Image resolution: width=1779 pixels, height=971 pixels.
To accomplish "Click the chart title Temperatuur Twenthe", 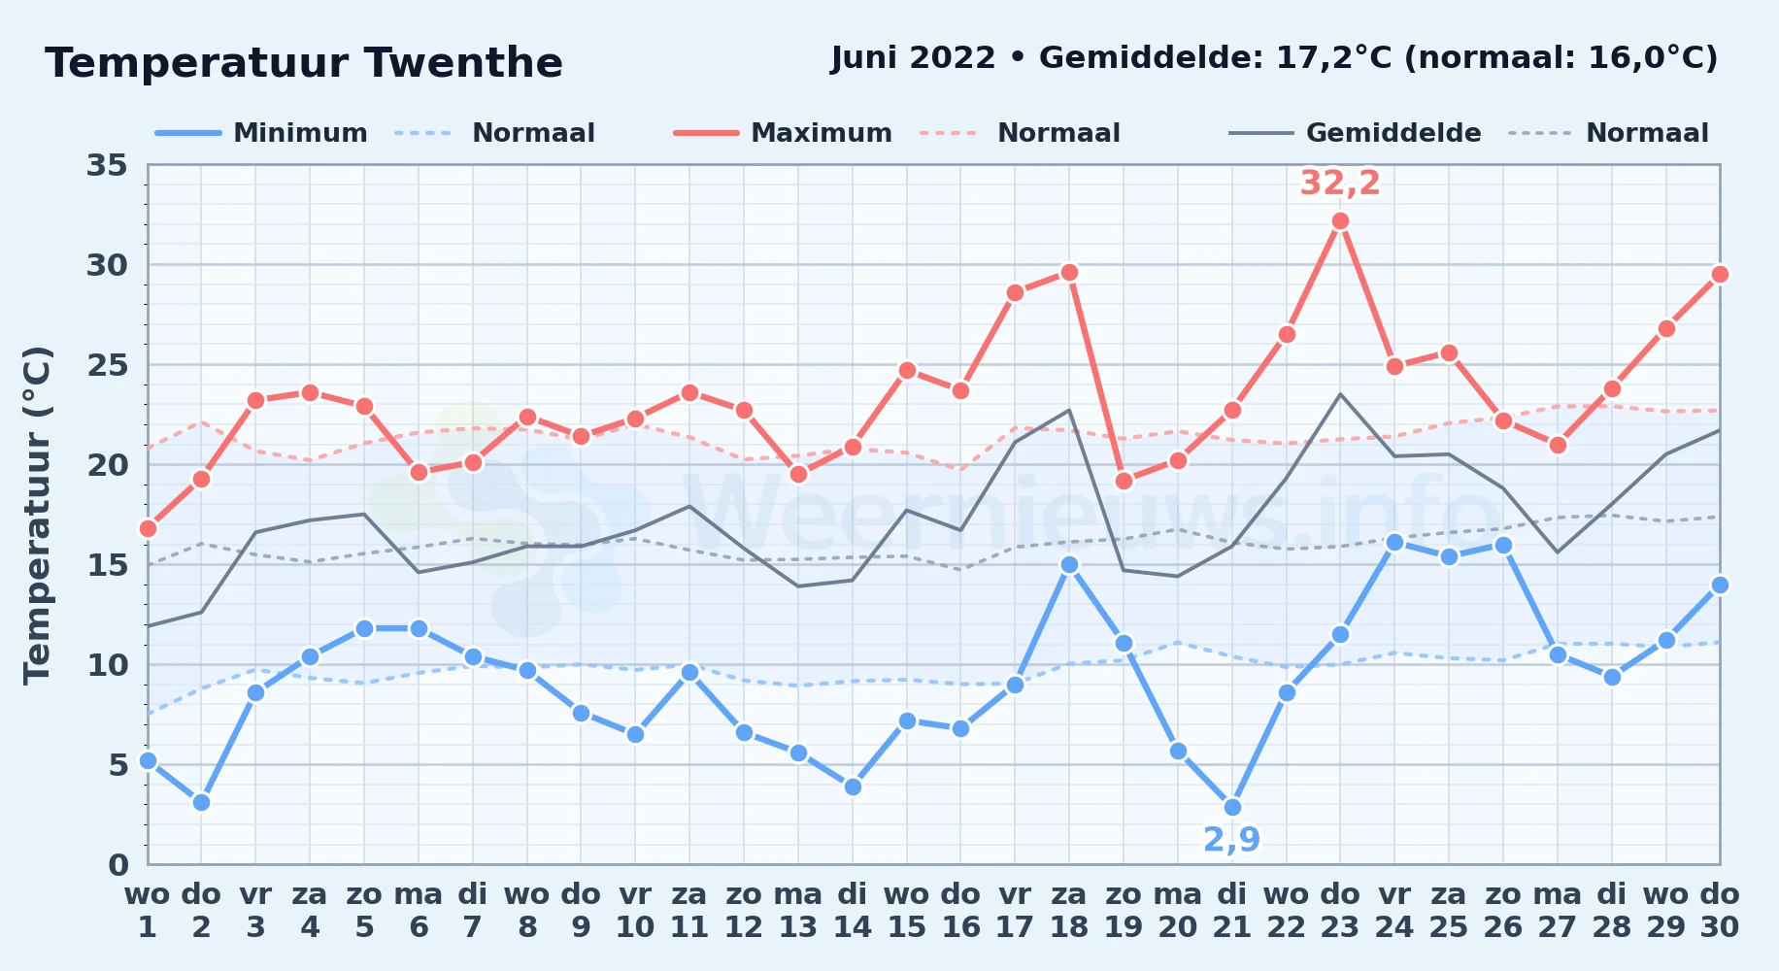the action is click(304, 64).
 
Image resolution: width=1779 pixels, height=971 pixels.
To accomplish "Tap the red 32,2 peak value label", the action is click(1340, 183).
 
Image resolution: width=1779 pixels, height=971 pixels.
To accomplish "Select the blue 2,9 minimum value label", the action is click(1231, 839).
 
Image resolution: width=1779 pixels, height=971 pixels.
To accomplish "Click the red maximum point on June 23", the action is click(1340, 221).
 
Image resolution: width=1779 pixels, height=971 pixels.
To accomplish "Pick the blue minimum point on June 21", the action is click(1232, 807).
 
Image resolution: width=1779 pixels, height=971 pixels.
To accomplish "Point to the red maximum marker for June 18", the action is click(1069, 272).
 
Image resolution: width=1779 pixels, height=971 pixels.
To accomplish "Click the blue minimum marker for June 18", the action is click(1069, 564).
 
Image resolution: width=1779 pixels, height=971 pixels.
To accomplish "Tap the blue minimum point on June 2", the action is click(201, 802).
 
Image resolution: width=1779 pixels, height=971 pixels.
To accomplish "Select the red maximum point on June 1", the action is click(148, 528).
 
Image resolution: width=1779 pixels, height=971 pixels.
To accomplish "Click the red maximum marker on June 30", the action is click(1720, 274).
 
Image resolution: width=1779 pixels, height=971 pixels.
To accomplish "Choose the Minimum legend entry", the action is click(261, 133).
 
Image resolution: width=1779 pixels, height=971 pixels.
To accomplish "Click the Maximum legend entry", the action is click(783, 133).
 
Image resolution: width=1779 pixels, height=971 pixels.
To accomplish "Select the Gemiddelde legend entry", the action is click(1355, 133).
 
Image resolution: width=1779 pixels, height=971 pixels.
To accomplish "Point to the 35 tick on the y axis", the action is click(107, 165).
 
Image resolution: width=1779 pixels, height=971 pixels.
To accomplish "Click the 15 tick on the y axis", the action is click(107, 565).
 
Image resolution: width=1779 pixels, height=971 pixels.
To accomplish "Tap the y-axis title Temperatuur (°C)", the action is click(37, 515).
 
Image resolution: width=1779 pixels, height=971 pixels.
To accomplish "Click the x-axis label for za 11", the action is click(689, 911).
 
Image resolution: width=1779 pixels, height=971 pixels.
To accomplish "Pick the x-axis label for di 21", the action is click(1232, 911).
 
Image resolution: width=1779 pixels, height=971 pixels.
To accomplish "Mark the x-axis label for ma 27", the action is click(1558, 911).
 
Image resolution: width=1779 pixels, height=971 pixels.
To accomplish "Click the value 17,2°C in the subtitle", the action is click(1334, 57).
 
